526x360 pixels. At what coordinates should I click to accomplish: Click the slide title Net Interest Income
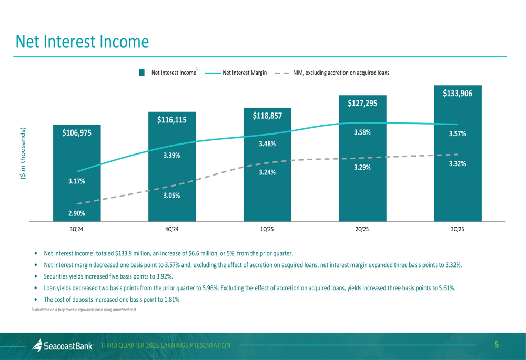coord(82,42)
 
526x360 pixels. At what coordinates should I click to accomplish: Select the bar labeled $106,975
coord(77,173)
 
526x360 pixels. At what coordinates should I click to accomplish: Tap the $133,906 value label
coord(457,94)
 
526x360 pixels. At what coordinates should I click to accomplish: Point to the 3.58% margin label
coord(362,132)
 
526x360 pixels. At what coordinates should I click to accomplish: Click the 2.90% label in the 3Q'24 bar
coord(77,213)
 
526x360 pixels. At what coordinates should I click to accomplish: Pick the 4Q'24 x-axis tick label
coord(172,229)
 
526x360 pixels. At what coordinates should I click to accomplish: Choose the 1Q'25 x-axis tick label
coord(267,229)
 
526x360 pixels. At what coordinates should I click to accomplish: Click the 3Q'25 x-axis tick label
coord(458,229)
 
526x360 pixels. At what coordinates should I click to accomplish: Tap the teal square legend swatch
coord(142,73)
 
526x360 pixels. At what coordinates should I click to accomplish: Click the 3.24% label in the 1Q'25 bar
coord(267,172)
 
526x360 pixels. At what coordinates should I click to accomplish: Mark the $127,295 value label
coord(362,104)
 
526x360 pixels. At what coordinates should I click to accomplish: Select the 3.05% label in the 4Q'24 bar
coord(172,196)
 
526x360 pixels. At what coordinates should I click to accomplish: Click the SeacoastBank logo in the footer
coord(63,345)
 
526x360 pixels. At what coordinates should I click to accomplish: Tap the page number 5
coord(497,345)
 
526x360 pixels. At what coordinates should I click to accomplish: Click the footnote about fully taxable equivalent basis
coord(85,310)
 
